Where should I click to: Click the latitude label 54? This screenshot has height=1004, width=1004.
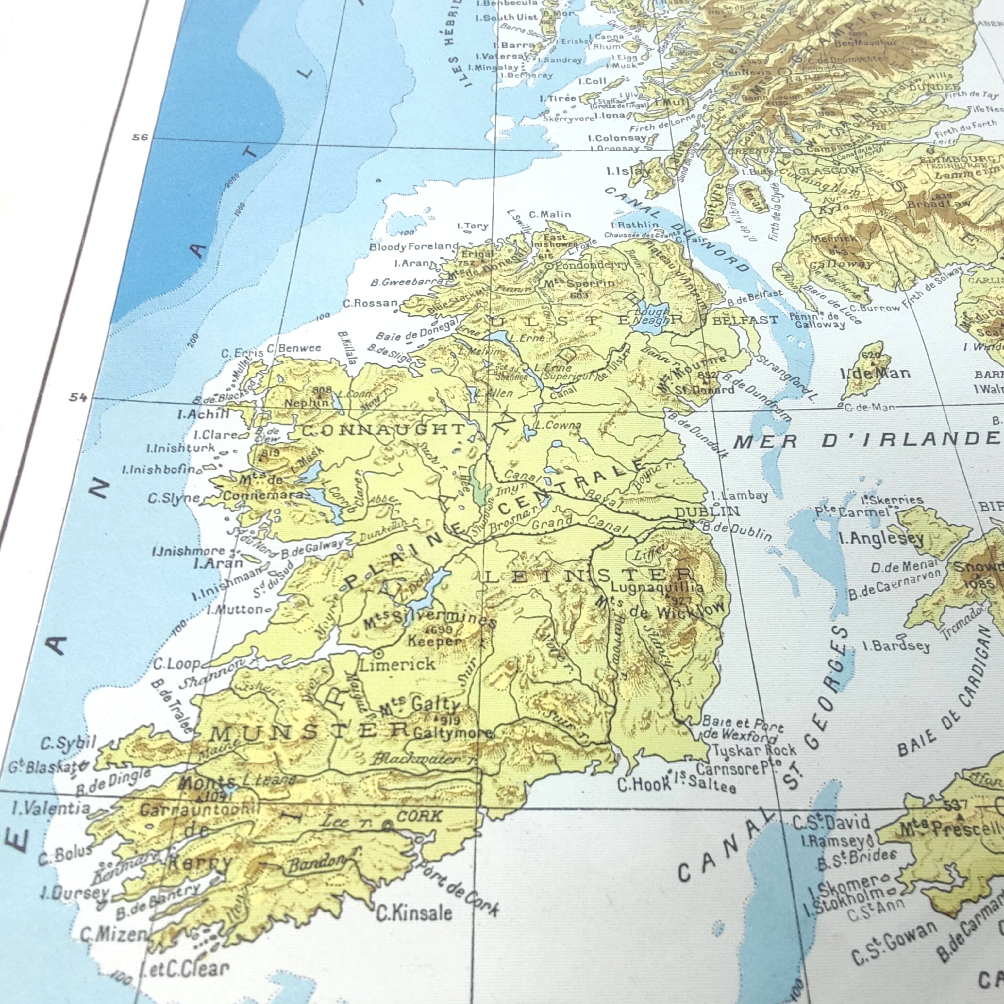(78, 397)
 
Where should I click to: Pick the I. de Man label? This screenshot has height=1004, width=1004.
(875, 373)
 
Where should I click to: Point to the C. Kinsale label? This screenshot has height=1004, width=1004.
(414, 913)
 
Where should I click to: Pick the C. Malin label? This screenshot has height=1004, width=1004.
(550, 214)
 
